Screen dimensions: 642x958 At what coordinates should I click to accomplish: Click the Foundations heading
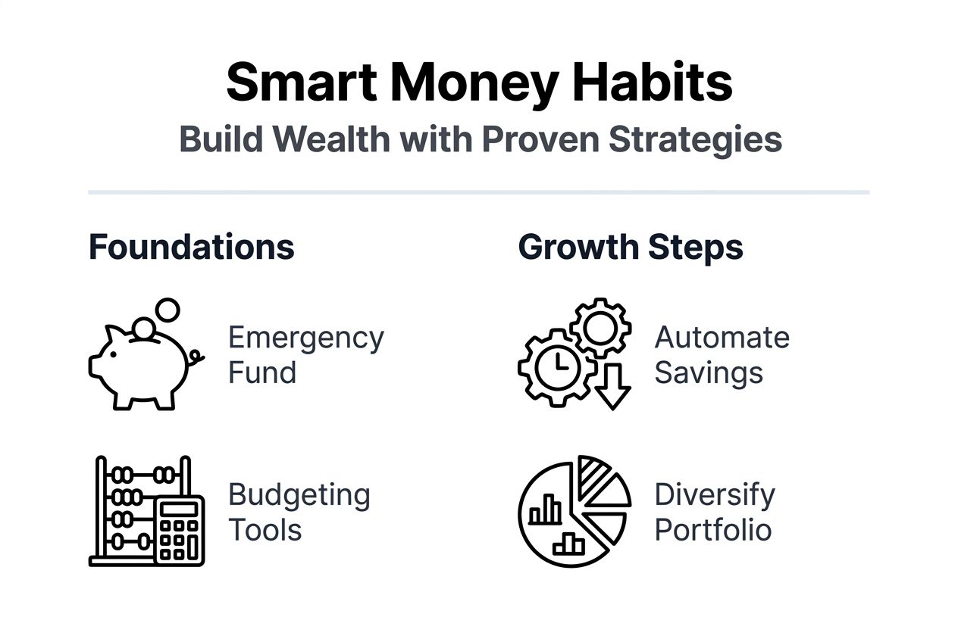(x=191, y=248)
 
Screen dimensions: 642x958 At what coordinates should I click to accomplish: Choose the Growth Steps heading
(x=631, y=248)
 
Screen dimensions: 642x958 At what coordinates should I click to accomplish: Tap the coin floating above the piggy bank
(x=167, y=310)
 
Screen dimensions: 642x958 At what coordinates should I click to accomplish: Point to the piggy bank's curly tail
(x=197, y=357)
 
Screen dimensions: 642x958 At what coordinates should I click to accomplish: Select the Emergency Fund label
(x=305, y=355)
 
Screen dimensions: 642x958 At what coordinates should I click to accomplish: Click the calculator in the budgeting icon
(x=180, y=530)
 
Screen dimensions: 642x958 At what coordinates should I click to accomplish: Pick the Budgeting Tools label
(x=299, y=512)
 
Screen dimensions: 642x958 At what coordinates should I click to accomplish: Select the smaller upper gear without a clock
(x=600, y=327)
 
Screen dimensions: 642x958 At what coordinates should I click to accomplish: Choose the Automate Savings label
(x=722, y=355)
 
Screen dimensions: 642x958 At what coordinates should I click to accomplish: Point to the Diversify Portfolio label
(x=714, y=512)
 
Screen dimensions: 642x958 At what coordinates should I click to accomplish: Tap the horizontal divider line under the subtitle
(x=478, y=192)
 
